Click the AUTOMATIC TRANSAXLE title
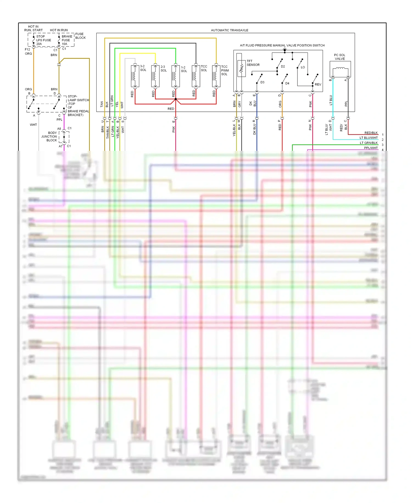[229, 30]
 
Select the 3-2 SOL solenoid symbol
[135, 76]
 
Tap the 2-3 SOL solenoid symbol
[155, 76]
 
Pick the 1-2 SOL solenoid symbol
[176, 76]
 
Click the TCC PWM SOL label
[225, 70]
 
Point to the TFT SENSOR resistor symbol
[241, 69]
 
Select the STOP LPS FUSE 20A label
[43, 40]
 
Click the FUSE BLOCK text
[80, 36]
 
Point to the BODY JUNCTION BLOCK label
[49, 136]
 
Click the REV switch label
[318, 84]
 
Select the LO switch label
[303, 67]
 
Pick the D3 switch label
[262, 82]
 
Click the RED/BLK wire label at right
[371, 133]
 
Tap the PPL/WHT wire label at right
[371, 148]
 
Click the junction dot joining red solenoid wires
[176, 99]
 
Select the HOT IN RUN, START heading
[33, 28]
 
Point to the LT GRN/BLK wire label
[369, 143]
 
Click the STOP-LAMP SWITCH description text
[78, 106]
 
